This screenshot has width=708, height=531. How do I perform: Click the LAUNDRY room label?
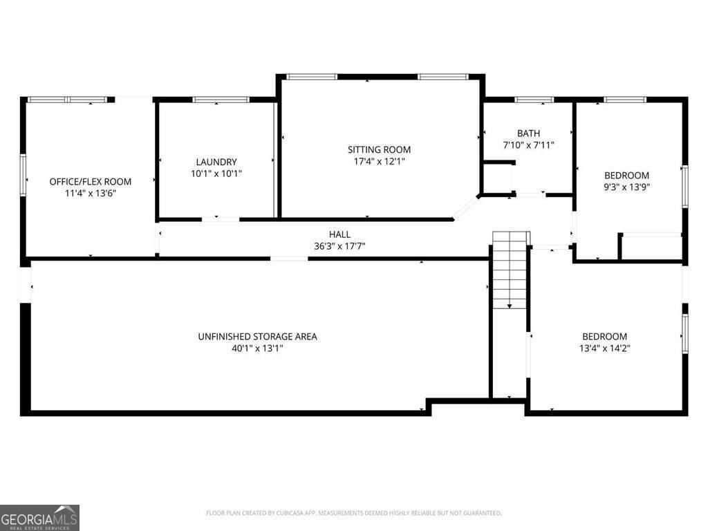pyautogui.click(x=216, y=162)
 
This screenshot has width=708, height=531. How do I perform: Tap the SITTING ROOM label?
pyautogui.click(x=379, y=149)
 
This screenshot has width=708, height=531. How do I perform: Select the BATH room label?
pyautogui.click(x=528, y=133)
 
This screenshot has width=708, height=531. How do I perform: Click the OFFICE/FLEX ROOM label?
pyautogui.click(x=90, y=182)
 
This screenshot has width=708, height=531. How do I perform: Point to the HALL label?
pyautogui.click(x=339, y=234)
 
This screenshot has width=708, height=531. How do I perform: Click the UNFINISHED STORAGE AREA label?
pyautogui.click(x=257, y=337)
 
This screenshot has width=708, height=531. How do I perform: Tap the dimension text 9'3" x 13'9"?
pyautogui.click(x=627, y=187)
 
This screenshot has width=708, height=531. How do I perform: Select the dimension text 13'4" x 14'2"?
pyautogui.click(x=604, y=348)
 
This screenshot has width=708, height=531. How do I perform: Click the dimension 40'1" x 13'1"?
pyautogui.click(x=257, y=348)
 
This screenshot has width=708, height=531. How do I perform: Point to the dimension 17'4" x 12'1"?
pyautogui.click(x=379, y=161)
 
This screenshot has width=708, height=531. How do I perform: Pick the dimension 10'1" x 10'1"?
pyautogui.click(x=216, y=174)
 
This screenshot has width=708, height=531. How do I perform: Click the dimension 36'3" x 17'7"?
pyautogui.click(x=339, y=246)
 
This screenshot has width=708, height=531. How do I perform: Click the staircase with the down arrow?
pyautogui.click(x=510, y=270)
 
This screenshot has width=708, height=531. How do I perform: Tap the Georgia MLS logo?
pyautogui.click(x=39, y=517)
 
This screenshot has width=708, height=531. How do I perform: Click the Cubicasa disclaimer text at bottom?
pyautogui.click(x=353, y=513)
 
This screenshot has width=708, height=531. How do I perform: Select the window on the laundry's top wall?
pyautogui.click(x=221, y=100)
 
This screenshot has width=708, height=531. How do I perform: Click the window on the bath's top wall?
pyautogui.click(x=534, y=100)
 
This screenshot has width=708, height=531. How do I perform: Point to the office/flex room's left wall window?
pyautogui.click(x=23, y=176)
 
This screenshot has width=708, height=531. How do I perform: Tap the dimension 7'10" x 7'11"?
pyautogui.click(x=528, y=145)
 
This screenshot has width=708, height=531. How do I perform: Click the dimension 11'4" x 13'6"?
pyautogui.click(x=90, y=194)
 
